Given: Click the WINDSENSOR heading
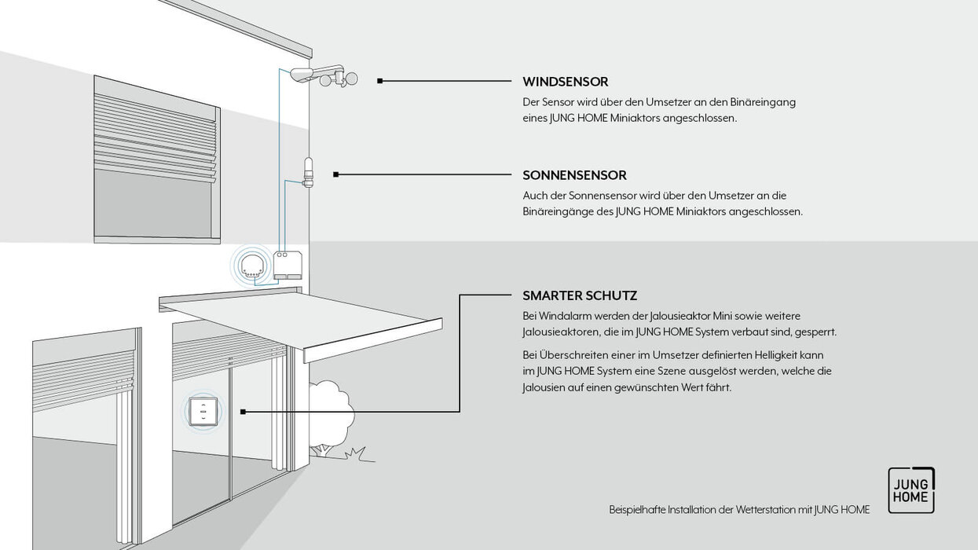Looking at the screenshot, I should (565, 82).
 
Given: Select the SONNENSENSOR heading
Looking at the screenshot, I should (574, 175).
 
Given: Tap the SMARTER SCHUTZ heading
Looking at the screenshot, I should (580, 295).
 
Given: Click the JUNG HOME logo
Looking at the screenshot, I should (911, 490).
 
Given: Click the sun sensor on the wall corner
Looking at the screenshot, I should (308, 173).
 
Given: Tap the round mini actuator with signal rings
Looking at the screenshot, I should (252, 265).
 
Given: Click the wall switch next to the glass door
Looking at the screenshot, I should (203, 411).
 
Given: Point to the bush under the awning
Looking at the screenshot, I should (329, 413).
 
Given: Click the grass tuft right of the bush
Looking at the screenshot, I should (357, 453).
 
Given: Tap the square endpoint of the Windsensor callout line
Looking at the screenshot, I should (380, 81).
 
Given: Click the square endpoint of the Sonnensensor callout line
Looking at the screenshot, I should (336, 174).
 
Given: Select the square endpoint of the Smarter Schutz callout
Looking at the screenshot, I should (244, 411).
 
